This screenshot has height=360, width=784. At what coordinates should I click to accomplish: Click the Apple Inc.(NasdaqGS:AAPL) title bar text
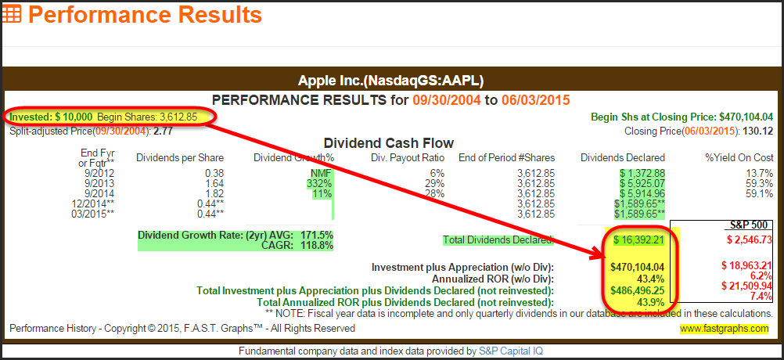click(391, 81)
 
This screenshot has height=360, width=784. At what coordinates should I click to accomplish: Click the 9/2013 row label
click(99, 182)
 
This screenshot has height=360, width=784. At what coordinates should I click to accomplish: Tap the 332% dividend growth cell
click(321, 182)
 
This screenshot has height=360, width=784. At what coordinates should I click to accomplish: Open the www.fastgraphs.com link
click(725, 329)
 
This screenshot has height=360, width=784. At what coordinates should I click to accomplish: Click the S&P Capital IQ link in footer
click(507, 351)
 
